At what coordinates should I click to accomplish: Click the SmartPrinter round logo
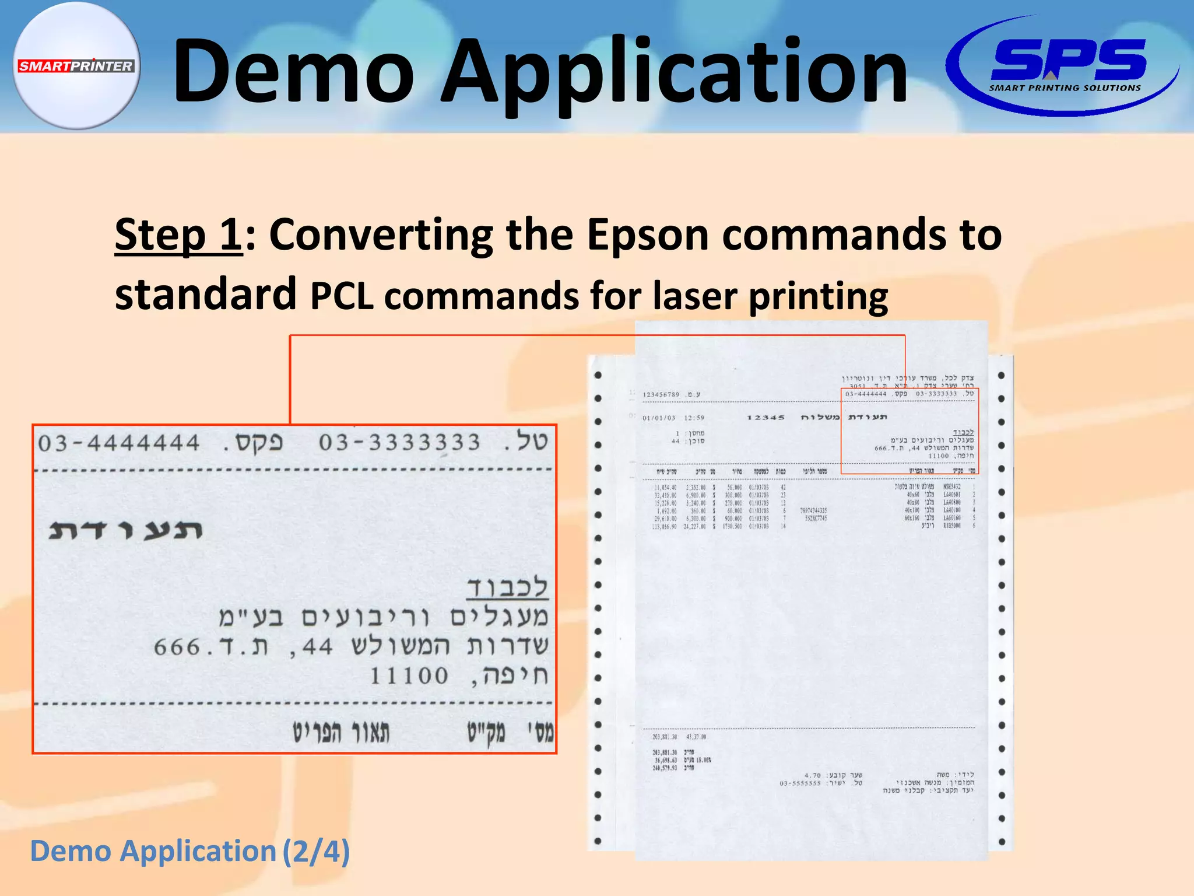(76, 65)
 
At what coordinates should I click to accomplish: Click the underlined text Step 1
(178, 235)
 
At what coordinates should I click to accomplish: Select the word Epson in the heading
(648, 235)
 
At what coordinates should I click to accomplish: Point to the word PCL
(342, 296)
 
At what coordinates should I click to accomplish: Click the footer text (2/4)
(316, 850)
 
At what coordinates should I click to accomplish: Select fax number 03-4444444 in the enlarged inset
(119, 443)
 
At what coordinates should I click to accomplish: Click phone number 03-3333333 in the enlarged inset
(399, 442)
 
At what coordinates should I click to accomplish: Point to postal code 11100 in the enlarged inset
(409, 676)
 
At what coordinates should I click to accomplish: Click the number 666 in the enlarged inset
(177, 647)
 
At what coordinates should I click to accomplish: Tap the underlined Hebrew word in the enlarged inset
(507, 587)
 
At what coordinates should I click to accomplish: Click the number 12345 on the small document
(765, 418)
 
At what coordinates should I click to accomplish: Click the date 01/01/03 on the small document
(659, 418)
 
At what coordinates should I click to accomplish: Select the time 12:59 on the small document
(694, 418)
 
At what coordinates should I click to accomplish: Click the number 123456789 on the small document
(661, 394)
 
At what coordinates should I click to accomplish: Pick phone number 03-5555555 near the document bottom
(800, 783)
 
